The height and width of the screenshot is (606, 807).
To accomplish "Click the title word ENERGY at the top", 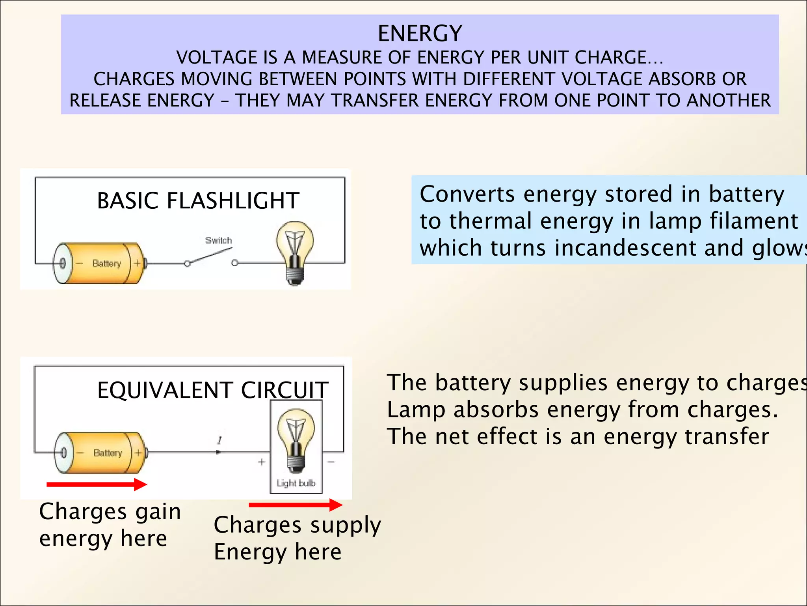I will coord(420,33).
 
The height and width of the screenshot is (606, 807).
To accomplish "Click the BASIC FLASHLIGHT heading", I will coord(198,200).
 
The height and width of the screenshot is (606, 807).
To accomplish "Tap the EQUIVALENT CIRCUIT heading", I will coord(212,390).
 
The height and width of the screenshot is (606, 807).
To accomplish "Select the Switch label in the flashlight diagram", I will coord(219,240).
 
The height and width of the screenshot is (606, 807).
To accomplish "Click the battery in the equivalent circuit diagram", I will coord(100,453).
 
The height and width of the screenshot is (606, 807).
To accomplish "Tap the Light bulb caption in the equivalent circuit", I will coord(296,483).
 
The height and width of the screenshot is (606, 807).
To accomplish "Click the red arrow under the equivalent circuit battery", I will coord(97,484).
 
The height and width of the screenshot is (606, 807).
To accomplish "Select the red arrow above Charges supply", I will coord(295,505).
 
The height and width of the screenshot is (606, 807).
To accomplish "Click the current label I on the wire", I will coord(219,441).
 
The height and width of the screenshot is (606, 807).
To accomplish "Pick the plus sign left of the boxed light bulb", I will coord(261,462).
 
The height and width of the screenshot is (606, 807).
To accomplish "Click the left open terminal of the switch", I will coord(187,264).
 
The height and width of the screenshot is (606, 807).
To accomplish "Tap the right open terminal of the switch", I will coord(235,263).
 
